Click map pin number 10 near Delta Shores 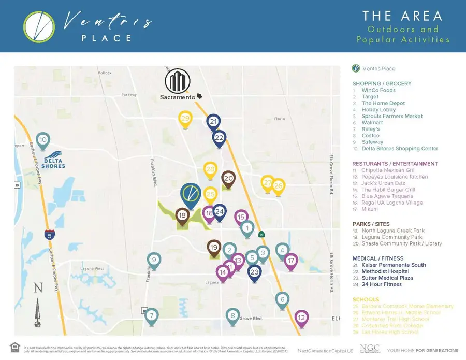pyautogui.click(x=43, y=140)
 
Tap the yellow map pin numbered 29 pyautogui.click(x=186, y=119)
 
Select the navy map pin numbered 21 pyautogui.click(x=213, y=122)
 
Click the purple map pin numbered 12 pyautogui.click(x=302, y=317)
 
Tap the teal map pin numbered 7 pyautogui.click(x=151, y=315)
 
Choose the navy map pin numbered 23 pyautogui.click(x=254, y=272)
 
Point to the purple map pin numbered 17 pyautogui.click(x=291, y=261)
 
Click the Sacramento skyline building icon pyautogui.click(x=178, y=81)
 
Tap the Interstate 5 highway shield pyautogui.click(x=50, y=234)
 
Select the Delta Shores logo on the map pyautogui.click(x=54, y=160)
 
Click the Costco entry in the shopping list pyautogui.click(x=370, y=136)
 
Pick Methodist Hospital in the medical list pyautogui.click(x=385, y=271)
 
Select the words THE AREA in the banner pyautogui.click(x=402, y=16)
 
